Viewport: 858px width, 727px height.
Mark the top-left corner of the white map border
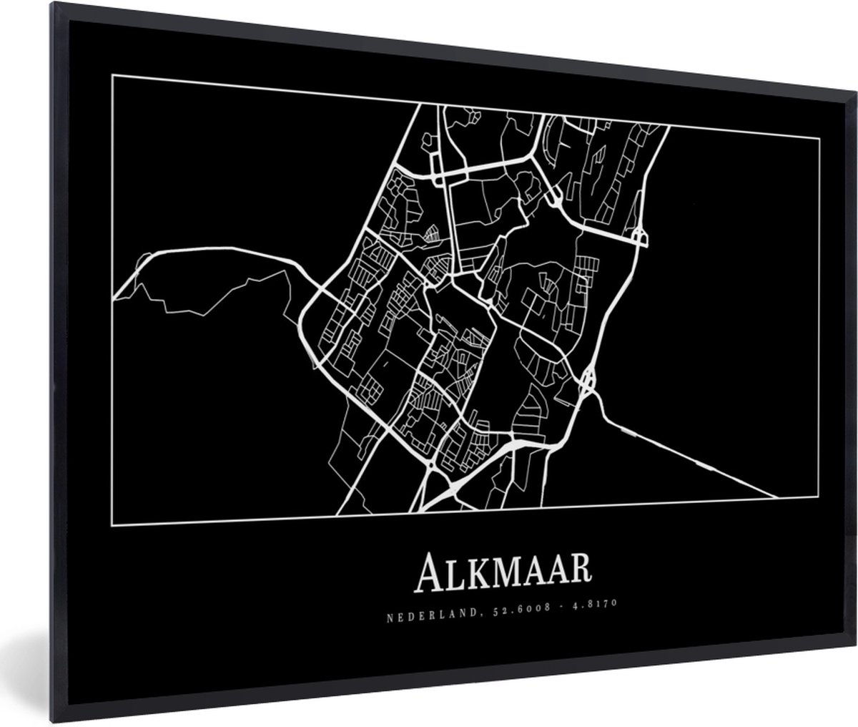[x=113, y=76]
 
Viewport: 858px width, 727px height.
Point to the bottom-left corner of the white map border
[x=113, y=525]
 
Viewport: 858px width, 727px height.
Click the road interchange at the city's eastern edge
[x=588, y=379]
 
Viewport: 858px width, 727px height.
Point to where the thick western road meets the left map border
[x=114, y=292]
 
